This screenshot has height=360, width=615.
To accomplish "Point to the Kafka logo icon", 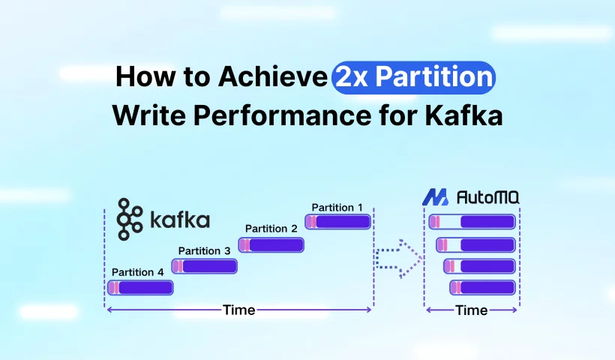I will [x=129, y=219].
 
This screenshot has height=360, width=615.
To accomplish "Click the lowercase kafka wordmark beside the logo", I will [x=180, y=220].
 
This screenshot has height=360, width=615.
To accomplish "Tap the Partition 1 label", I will [x=337, y=207].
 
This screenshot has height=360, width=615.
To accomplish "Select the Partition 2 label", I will [x=271, y=228].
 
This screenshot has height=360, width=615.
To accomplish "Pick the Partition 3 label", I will [x=204, y=250].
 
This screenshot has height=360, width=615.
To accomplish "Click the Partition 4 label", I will [x=137, y=271].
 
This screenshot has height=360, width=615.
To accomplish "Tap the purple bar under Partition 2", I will [x=271, y=244].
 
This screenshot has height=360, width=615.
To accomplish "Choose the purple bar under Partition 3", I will [x=205, y=265].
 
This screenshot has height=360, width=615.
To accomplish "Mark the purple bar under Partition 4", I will [x=140, y=287].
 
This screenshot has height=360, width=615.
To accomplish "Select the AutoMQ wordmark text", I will [x=488, y=198].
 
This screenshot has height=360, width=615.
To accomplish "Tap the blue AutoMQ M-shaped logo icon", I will [x=435, y=198].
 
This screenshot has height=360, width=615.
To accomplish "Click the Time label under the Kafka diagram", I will [x=238, y=310].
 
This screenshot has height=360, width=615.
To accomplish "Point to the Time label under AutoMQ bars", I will [x=472, y=310].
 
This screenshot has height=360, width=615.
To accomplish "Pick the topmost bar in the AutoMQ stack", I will [x=472, y=222].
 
